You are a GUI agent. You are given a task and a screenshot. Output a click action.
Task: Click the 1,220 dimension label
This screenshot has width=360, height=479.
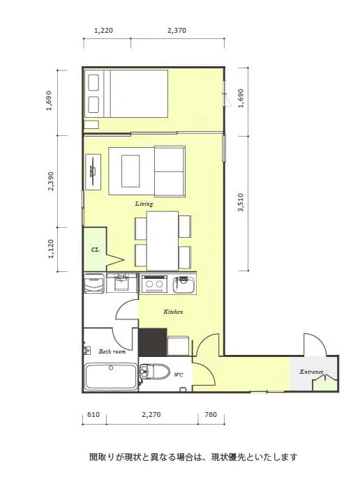103,31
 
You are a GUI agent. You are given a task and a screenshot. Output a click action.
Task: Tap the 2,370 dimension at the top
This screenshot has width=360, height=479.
177,31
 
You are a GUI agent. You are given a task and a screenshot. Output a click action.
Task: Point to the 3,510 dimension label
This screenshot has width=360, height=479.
241,202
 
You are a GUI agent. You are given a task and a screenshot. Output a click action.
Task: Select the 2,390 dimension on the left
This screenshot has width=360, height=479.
51,181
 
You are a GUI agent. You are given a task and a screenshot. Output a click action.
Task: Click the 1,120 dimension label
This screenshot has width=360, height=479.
51,249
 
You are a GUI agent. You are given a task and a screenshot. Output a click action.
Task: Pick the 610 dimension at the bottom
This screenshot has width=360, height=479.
93,415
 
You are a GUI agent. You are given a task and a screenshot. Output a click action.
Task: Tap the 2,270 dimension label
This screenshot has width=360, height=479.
151,415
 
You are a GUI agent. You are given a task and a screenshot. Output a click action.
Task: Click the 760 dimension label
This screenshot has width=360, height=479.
211,415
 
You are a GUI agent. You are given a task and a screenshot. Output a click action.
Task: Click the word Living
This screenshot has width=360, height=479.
144,204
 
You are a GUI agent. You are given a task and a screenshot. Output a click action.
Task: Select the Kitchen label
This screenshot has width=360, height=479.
173,312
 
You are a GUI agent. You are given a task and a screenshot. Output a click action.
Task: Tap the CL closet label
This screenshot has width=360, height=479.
96,250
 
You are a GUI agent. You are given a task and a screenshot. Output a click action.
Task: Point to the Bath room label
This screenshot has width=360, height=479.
112,351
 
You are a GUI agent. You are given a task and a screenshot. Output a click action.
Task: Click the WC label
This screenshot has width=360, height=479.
179,374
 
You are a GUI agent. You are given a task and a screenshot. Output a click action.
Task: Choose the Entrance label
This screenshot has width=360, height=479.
311,372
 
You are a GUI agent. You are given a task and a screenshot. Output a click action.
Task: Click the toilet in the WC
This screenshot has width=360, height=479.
155,372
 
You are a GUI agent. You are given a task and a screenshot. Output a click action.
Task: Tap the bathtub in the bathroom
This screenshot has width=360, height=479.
111,377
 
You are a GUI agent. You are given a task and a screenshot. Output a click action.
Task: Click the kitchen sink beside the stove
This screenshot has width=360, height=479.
183,284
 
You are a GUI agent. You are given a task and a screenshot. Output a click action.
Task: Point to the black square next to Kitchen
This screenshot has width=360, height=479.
153,342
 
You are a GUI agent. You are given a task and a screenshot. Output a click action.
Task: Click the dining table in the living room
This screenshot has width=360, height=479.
163,241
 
